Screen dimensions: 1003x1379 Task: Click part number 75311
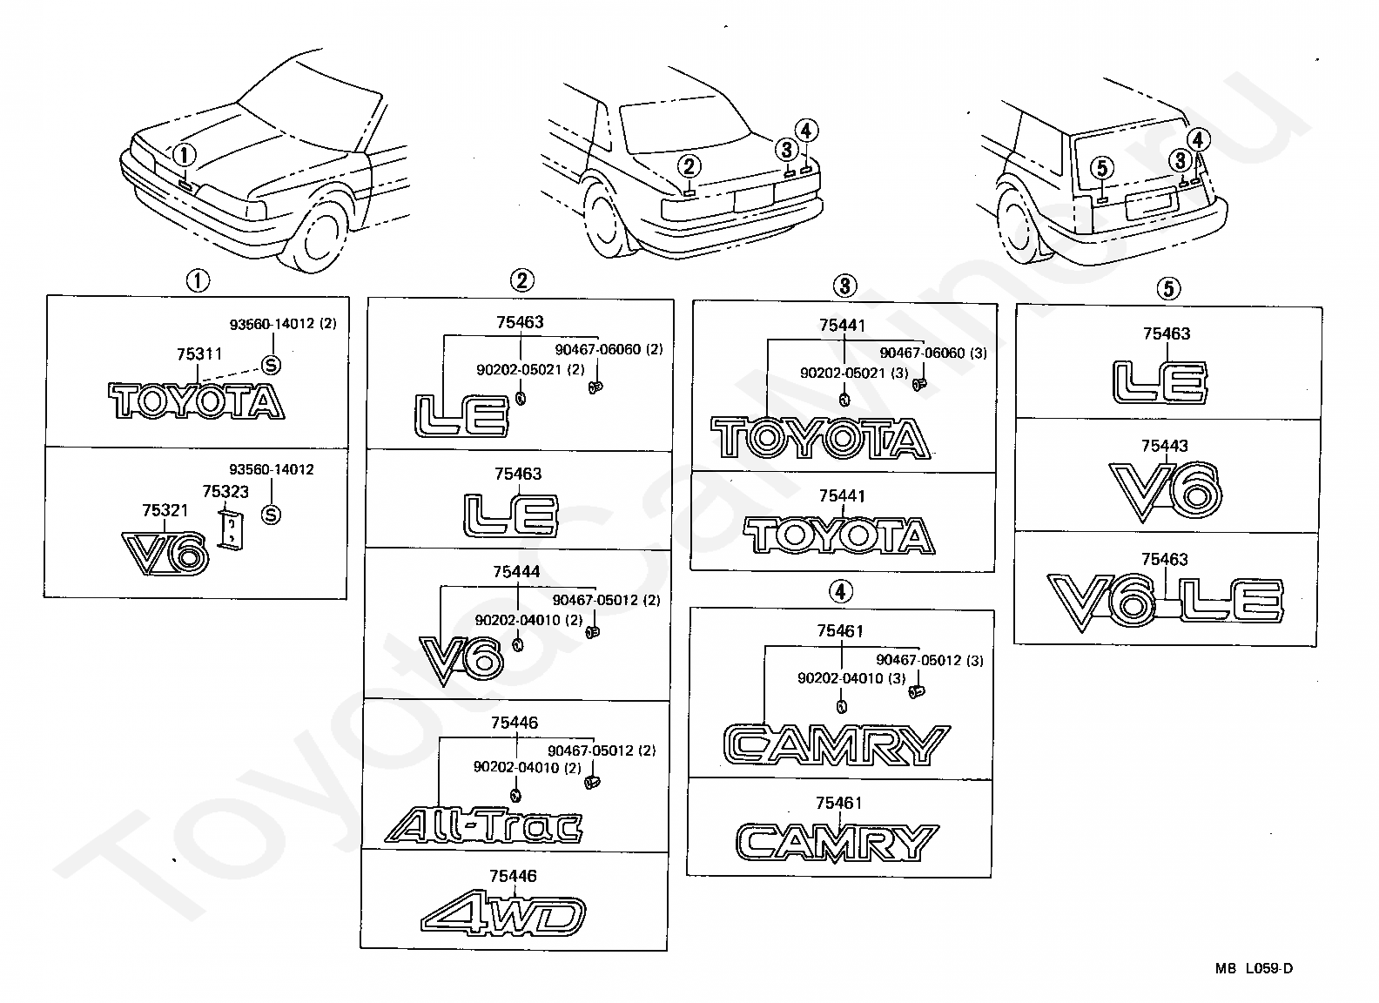coord(199,353)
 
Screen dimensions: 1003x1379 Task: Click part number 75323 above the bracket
coord(225,492)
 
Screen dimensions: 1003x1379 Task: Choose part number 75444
coord(516,572)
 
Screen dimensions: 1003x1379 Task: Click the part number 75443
coord(1165,446)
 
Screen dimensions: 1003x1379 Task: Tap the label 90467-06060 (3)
coord(933,353)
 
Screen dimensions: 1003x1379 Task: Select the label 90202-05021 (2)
coord(530,369)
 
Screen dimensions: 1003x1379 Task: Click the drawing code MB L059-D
coord(1255,968)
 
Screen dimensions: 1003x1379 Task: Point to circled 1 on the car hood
coord(185,156)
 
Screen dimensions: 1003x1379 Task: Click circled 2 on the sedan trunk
coord(689,165)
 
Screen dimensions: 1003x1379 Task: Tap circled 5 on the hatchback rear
coord(1101,167)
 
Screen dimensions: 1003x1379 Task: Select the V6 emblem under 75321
coord(165,552)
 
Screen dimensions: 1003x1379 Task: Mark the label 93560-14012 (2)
coord(283,324)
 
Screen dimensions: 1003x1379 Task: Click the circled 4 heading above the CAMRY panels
coord(839,592)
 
